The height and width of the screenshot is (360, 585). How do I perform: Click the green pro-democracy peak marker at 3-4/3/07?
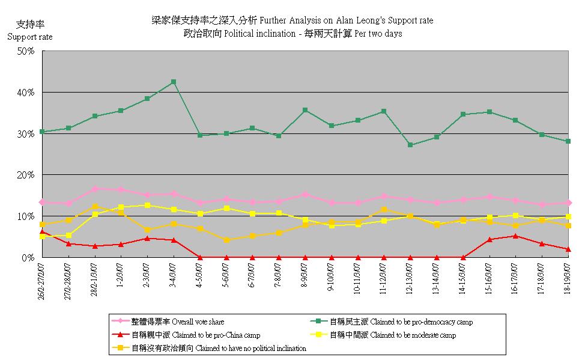pos(174,82)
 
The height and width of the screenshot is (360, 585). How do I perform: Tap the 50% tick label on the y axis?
pos(26,51)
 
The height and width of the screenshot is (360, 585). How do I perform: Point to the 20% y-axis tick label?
pos(26,175)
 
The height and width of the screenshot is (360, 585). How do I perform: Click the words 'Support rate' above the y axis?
pos(29,37)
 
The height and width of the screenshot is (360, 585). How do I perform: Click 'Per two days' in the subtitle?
pos(378,34)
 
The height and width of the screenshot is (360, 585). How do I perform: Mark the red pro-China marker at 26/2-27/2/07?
pos(42,231)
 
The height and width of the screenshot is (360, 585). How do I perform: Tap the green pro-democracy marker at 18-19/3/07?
pos(568,141)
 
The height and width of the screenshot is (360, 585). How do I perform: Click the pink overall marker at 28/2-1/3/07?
pos(95,189)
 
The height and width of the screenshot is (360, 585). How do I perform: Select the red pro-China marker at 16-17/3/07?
pos(515,236)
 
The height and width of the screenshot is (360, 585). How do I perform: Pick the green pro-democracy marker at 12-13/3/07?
pos(410,145)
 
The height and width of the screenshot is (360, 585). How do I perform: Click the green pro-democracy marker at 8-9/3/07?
pos(305,110)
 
